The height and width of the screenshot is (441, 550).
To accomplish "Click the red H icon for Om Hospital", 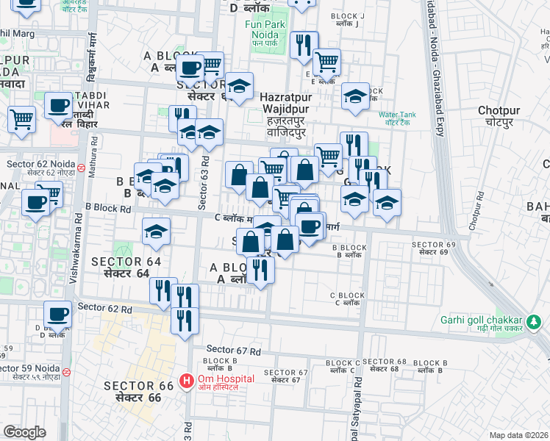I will tap(187, 382).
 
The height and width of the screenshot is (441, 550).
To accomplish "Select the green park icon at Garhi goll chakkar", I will tap(534, 321).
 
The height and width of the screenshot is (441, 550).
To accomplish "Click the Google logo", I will tap(24, 432).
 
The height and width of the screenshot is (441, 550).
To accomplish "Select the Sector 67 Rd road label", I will tap(234, 349).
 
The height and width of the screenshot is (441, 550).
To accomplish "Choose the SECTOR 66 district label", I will tap(138, 391).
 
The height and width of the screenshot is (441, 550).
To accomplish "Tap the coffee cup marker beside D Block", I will tap(57, 315).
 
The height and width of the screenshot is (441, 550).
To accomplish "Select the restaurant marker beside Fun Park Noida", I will tap(304, 46).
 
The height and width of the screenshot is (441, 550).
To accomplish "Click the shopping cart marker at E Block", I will tap(326, 62).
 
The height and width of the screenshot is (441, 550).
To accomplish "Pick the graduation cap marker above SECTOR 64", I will tap(156, 232).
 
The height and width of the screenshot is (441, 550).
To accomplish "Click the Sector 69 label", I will tap(429, 248).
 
